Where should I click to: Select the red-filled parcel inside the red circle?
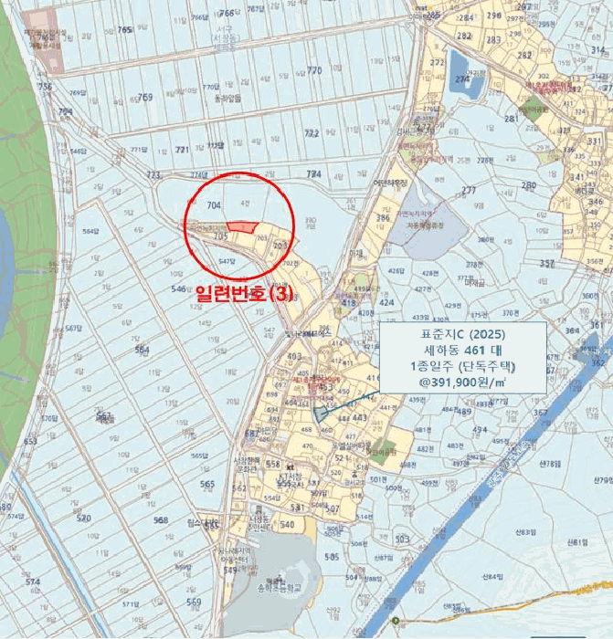point(240,227)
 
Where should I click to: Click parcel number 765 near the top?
point(125,30)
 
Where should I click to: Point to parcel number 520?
point(84,518)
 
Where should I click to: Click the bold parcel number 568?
point(161,520)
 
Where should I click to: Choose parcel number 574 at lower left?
point(33,581)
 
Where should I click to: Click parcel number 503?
point(403,539)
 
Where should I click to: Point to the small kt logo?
point(290,468)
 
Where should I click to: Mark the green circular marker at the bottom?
point(396,621)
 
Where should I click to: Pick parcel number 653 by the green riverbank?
point(30,441)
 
